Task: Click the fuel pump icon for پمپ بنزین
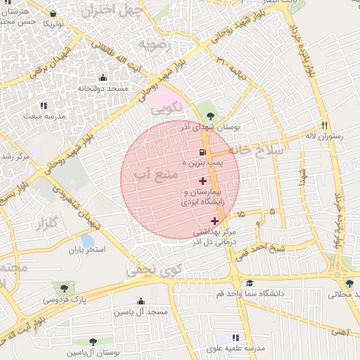202,153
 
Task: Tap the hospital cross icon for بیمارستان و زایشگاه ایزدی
203,181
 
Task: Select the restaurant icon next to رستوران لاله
324,125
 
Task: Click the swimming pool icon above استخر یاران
87,240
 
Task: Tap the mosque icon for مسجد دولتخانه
103,78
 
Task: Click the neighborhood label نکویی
167,108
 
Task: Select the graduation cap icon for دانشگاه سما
250,282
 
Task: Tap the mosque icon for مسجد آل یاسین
141,301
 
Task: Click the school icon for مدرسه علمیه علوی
236,338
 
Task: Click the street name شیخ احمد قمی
280,247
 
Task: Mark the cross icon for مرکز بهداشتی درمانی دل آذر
214,221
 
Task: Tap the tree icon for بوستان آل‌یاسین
92,342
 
